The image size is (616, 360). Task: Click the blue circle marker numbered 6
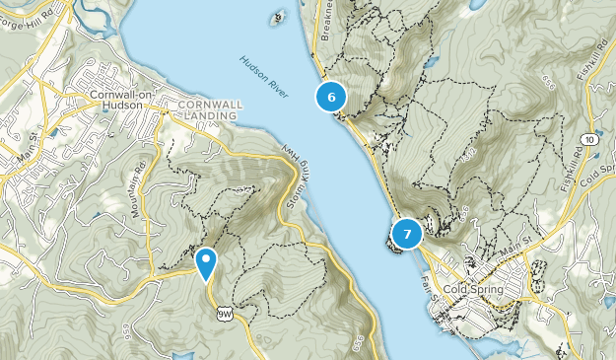coord(331,97)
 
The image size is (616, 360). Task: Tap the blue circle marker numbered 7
coord(406,234)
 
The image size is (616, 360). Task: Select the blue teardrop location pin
coord(206,263)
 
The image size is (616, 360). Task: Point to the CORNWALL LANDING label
coord(208,109)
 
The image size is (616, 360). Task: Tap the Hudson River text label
coord(263,77)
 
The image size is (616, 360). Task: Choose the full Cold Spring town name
coord(474,289)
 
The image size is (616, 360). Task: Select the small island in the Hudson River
coord(278,17)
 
